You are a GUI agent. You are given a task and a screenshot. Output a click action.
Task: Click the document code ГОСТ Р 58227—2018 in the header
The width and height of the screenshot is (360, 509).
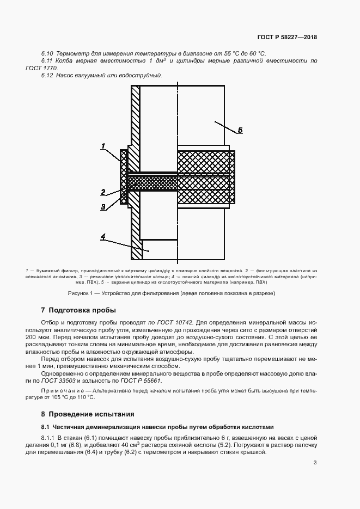tap(287, 38)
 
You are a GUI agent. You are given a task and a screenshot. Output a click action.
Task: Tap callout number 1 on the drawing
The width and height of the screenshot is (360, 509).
tap(102, 146)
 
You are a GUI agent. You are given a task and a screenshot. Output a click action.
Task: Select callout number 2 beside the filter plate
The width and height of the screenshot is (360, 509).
tap(102, 192)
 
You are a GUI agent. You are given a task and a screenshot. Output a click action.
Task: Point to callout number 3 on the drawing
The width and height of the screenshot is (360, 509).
tap(102, 206)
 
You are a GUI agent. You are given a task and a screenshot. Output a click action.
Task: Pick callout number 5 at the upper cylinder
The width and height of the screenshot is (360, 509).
tap(240, 130)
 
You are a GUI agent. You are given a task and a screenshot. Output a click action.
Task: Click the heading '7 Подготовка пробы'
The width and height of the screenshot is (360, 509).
tap(78, 310)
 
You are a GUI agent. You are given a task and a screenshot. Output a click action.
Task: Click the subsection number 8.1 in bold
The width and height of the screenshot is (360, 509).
tap(45, 427)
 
